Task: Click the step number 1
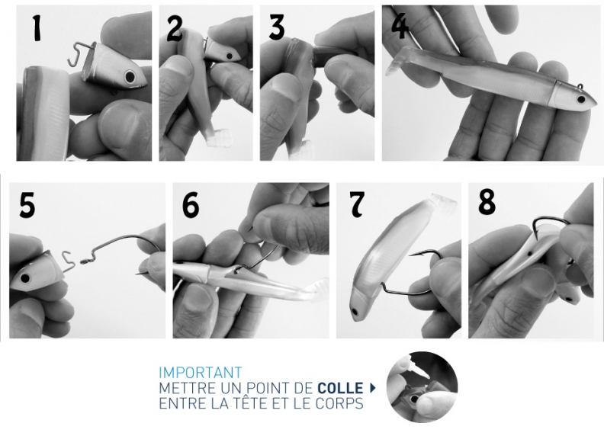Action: (x=37, y=28)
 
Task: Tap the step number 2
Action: (x=175, y=29)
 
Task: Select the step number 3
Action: (x=276, y=27)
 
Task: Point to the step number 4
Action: (x=400, y=26)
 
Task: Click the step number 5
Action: (x=27, y=206)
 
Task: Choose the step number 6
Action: (x=191, y=205)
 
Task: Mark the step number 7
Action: (x=357, y=204)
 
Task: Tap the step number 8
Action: (x=487, y=203)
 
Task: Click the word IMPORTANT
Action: (x=201, y=373)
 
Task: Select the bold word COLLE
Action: (x=341, y=388)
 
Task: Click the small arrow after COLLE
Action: (x=372, y=388)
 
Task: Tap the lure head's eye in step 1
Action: (x=130, y=77)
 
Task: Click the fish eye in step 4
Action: (x=580, y=100)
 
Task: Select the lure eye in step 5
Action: (x=25, y=278)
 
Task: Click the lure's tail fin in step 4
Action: (x=395, y=63)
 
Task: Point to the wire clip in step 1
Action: (x=80, y=54)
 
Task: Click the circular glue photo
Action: (x=422, y=387)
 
